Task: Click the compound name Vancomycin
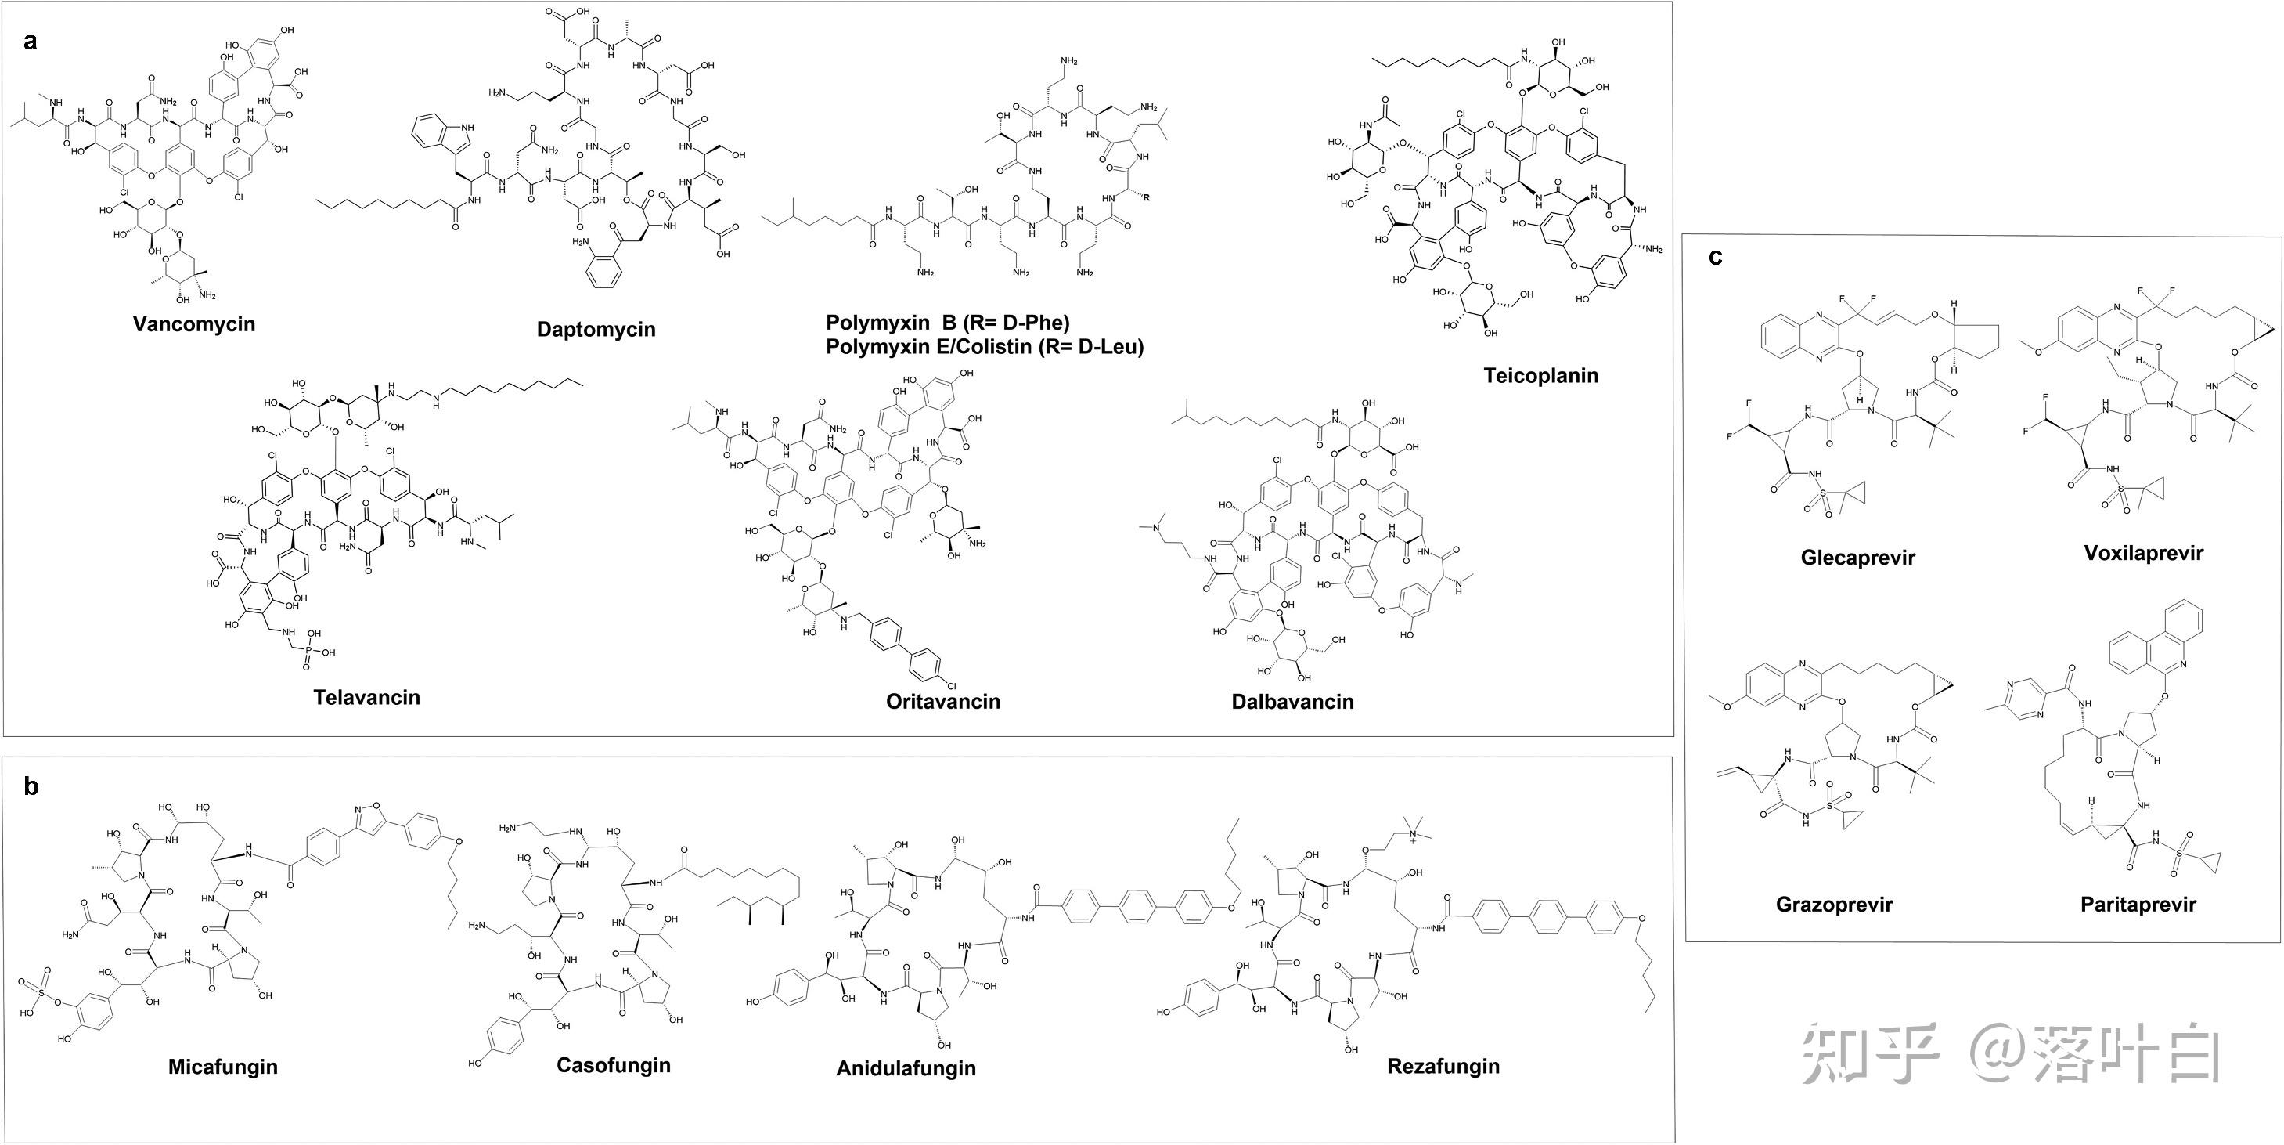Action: point(193,323)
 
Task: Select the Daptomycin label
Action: point(596,329)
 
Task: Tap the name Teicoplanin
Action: point(1541,375)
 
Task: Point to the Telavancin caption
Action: point(366,697)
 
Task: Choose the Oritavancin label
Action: point(942,702)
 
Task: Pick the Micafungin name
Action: point(222,1066)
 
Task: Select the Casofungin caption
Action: point(613,1064)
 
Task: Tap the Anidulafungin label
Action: point(906,1067)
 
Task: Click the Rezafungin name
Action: point(1443,1065)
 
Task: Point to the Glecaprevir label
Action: point(1857,558)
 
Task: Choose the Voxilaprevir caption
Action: point(2143,554)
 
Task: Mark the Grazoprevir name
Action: point(1834,905)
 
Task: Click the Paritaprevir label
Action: point(2138,905)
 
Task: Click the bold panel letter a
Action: point(31,42)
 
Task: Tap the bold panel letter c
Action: point(1716,257)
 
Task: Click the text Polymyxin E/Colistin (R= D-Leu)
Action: point(984,347)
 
